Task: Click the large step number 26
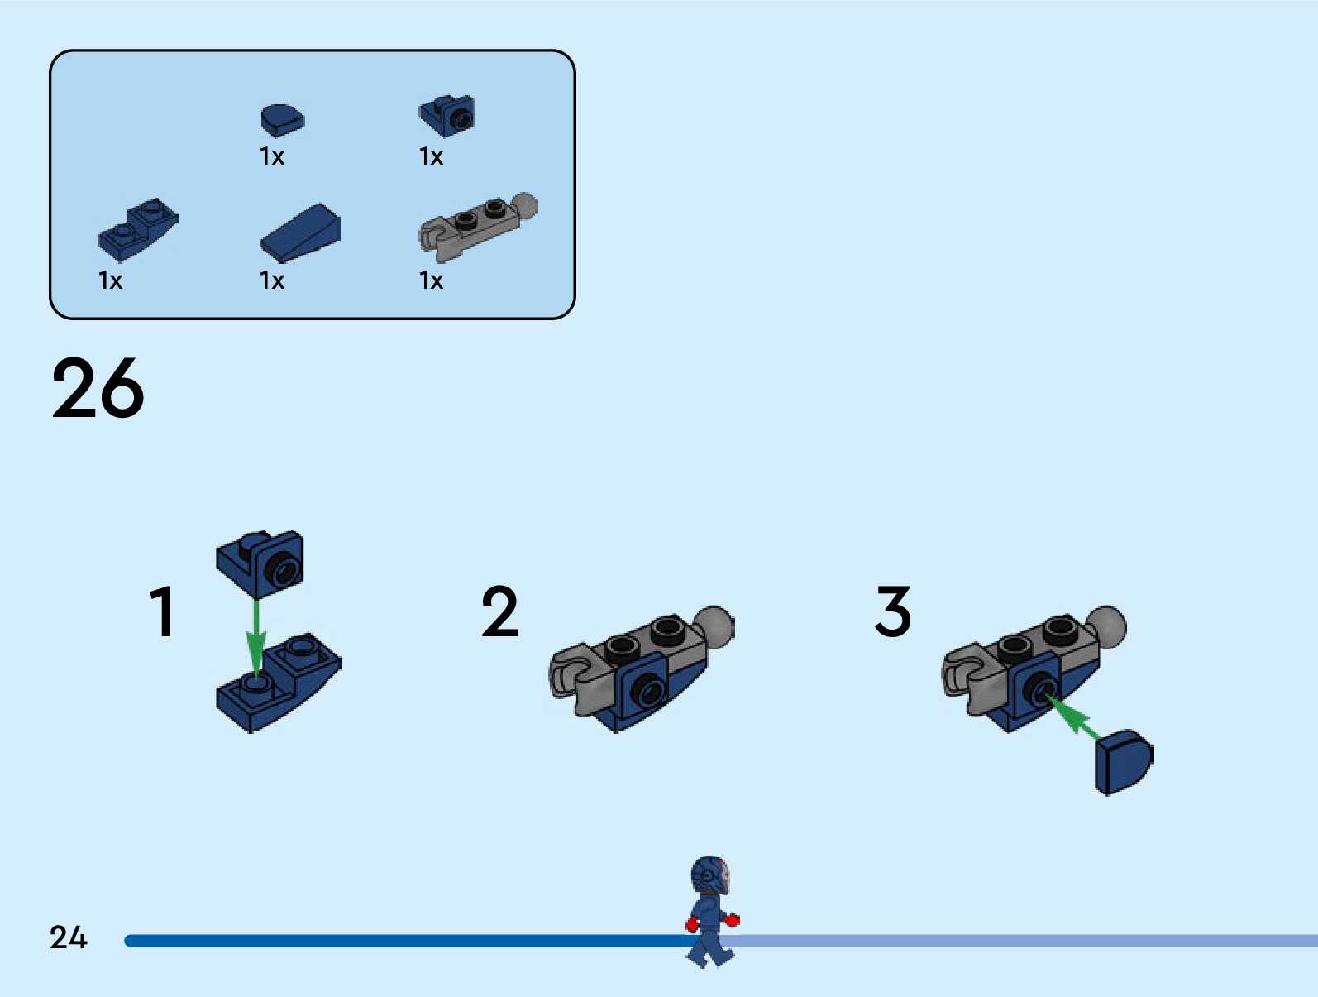point(98,388)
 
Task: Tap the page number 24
point(68,937)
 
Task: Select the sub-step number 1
point(163,612)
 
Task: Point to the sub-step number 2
point(500,612)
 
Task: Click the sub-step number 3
point(893,612)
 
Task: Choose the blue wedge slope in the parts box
point(300,233)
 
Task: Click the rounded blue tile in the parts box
point(282,120)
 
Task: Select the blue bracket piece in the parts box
point(447,116)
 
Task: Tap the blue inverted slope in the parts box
point(137,229)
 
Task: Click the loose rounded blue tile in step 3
point(1123,761)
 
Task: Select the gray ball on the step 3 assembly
point(1106,626)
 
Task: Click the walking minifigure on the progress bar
point(710,911)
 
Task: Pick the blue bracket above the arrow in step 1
point(260,563)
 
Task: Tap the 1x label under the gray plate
point(432,280)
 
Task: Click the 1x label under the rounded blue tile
point(272,156)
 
